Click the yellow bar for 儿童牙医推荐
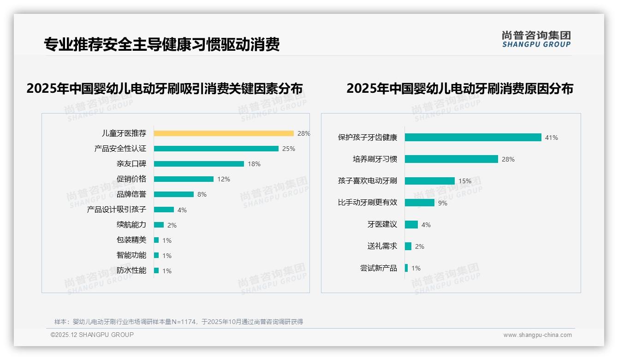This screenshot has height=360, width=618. coord(224,133)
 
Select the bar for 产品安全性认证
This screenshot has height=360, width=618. coord(216,149)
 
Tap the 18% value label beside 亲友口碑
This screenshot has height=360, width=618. coord(254,164)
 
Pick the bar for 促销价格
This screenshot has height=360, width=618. coord(184,179)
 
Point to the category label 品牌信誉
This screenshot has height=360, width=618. coord(131,194)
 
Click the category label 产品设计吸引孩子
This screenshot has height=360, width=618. coord(117,210)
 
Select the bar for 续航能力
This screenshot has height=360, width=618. coord(159,225)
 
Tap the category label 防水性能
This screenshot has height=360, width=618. coord(131,270)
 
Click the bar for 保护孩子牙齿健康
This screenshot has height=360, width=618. coord(473,138)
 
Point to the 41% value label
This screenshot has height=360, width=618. coord(552,138)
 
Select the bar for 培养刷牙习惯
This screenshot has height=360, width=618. coord(451,159)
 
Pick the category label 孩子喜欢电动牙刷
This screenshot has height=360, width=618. coord(368,181)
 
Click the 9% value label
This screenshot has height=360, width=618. coord(443,203)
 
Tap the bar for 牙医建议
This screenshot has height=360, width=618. coord(411,225)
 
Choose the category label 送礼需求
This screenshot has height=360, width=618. coord(382,246)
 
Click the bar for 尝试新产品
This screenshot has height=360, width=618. coord(406,268)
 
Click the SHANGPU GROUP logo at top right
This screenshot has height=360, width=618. coord(536,39)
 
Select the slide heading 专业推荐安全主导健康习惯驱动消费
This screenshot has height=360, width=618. coord(162,45)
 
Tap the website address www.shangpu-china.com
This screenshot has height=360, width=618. coord(537,335)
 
